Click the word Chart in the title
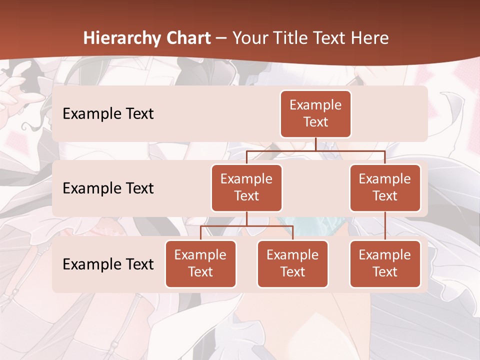click(188, 38)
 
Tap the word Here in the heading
click(370, 38)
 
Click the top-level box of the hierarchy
click(315, 114)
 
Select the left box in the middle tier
click(246, 188)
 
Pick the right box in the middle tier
click(385, 188)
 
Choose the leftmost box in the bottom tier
click(200, 264)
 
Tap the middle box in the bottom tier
click(292, 264)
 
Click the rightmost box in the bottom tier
click(385, 264)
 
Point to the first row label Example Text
click(108, 114)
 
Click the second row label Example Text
click(108, 188)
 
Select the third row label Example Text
click(108, 264)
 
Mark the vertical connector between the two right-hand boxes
click(385, 226)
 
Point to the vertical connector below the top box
click(315, 144)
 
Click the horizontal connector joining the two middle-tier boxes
click(315, 150)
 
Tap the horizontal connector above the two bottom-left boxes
click(246, 226)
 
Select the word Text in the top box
click(315, 122)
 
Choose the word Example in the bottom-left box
click(200, 255)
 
